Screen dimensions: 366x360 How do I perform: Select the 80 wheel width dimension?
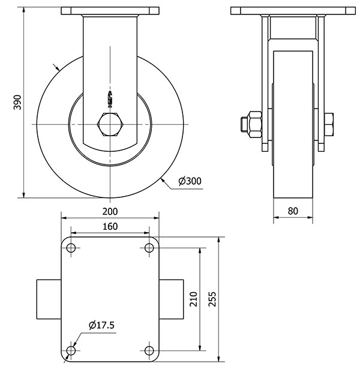click(x=293, y=211)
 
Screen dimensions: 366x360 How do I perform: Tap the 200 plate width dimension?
click(x=110, y=211)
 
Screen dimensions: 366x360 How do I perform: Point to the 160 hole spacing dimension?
click(x=110, y=226)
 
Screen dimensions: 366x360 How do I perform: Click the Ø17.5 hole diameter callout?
click(x=101, y=325)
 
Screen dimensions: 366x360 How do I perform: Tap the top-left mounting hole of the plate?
click(x=71, y=248)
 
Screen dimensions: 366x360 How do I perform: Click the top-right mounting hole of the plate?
click(x=149, y=248)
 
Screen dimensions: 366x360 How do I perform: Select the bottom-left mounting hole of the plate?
click(x=71, y=350)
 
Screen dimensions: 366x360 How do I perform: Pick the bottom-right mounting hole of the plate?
click(x=149, y=350)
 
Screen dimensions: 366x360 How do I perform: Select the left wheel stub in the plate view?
click(x=49, y=299)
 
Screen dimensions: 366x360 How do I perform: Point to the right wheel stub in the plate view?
click(x=172, y=299)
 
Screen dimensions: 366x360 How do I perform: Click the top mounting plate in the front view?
click(x=110, y=11)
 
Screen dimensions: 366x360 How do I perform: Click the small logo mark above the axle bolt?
click(x=110, y=96)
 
